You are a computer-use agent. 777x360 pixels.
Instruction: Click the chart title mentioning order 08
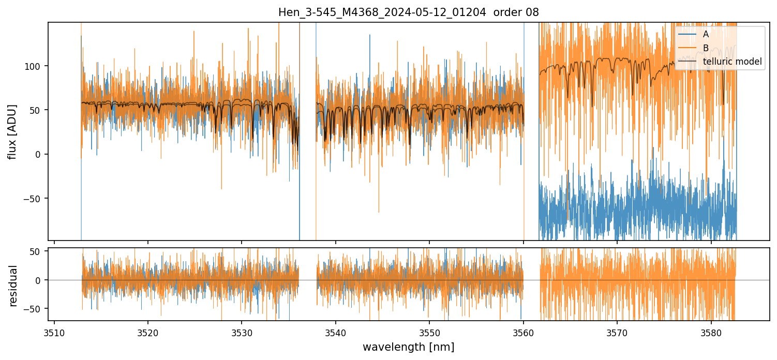409,12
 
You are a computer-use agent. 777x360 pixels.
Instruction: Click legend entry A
705,34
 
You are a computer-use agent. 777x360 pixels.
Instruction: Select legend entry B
705,48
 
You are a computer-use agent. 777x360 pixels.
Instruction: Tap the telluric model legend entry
732,62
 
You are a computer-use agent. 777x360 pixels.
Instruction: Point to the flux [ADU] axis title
12,131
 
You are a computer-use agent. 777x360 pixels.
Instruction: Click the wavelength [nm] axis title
408,347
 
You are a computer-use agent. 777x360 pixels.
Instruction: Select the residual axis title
13,286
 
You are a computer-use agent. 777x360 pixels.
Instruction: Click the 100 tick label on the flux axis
36,66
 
